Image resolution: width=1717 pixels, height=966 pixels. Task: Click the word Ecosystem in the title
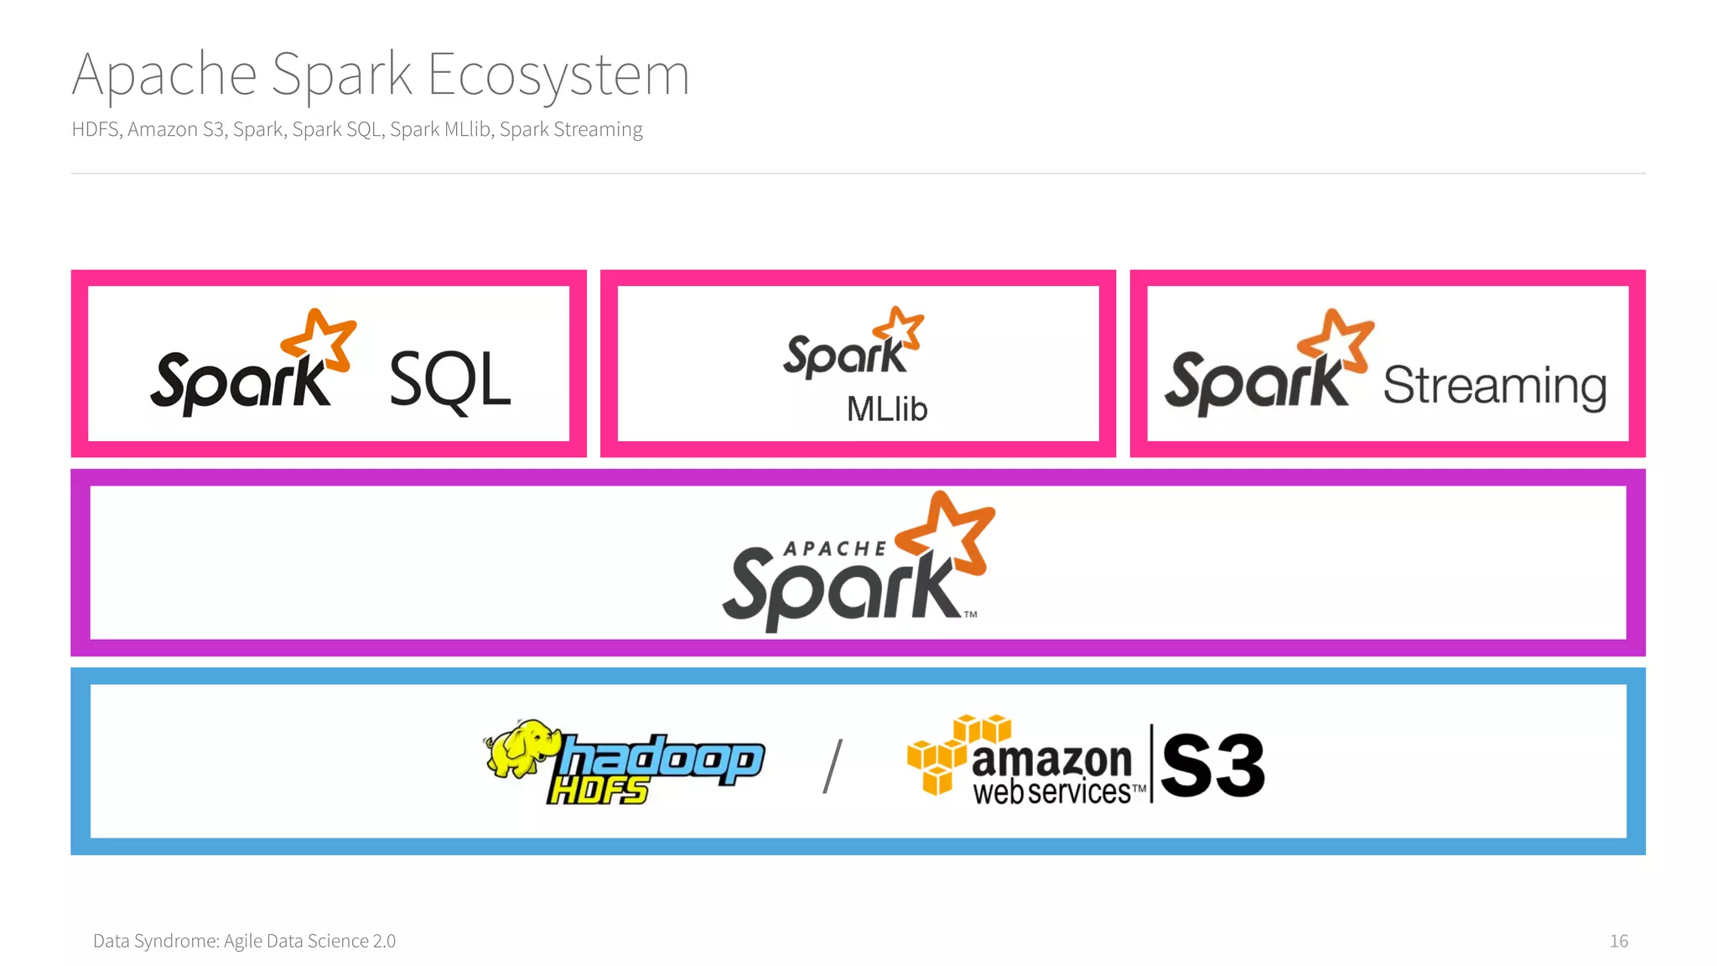[x=558, y=75]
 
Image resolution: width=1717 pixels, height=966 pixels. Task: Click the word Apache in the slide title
[x=164, y=75]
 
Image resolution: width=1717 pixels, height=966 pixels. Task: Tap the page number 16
[x=1618, y=941]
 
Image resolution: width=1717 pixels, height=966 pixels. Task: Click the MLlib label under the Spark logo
[x=886, y=409]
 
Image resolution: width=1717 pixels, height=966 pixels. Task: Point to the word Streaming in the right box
[x=1494, y=386]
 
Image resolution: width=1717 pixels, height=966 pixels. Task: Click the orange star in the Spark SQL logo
[x=319, y=340]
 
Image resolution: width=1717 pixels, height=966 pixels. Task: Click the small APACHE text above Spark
[x=834, y=549]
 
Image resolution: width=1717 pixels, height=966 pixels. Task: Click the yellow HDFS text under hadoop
[x=597, y=791]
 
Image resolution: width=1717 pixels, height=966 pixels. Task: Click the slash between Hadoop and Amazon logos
[x=832, y=766]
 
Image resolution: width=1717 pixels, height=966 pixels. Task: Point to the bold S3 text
[x=1212, y=765]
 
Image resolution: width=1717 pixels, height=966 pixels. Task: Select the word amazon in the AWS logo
[x=1051, y=760]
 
